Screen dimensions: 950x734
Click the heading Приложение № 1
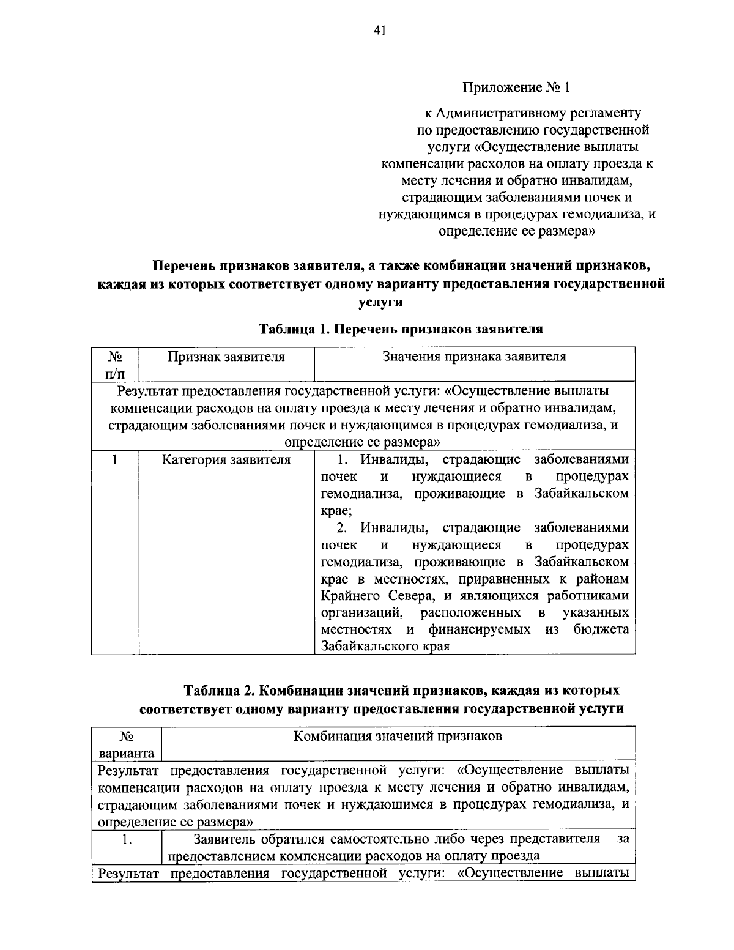click(516, 87)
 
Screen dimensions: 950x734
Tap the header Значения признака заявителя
click(474, 357)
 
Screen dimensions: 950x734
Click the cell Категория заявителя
click(226, 459)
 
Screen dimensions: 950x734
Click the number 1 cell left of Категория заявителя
click(115, 459)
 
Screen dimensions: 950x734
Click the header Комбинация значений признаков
click(398, 736)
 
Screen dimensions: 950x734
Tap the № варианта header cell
click(127, 744)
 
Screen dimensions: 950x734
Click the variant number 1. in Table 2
click(127, 840)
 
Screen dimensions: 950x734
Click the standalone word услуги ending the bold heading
click(379, 302)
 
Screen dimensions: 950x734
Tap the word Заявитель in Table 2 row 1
click(223, 839)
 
